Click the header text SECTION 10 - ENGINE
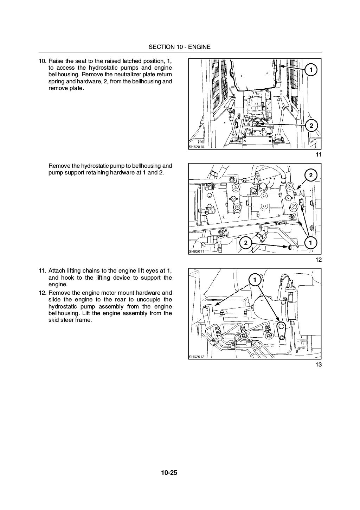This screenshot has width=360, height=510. [x=179, y=47]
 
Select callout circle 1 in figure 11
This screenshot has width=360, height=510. [x=311, y=70]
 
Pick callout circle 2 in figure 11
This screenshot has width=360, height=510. [x=311, y=126]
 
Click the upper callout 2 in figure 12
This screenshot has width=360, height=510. [x=311, y=175]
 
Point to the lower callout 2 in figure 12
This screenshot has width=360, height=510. [x=246, y=242]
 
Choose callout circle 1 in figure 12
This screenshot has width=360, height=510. [x=311, y=242]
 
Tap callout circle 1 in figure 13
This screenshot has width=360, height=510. [x=254, y=280]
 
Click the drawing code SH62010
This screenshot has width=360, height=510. [x=197, y=147]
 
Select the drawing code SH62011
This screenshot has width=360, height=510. [x=197, y=251]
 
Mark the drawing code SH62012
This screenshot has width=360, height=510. [x=197, y=356]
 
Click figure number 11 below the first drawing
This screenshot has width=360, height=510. [x=319, y=155]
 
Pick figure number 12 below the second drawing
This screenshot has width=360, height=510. [x=319, y=260]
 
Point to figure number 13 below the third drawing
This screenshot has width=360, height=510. [x=319, y=364]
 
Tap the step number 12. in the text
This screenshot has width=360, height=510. [x=42, y=293]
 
